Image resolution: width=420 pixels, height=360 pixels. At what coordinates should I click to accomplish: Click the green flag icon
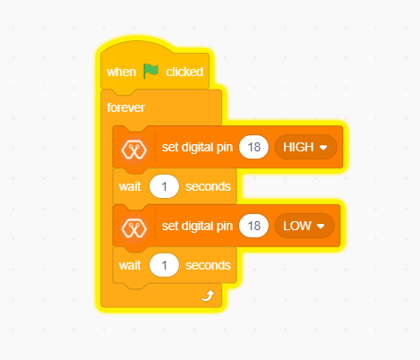pyautogui.click(x=150, y=71)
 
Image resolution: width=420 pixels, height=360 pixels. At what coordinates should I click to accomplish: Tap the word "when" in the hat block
pyautogui.click(x=122, y=72)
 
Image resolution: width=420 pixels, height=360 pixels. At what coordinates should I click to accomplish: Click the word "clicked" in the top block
pyautogui.click(x=184, y=72)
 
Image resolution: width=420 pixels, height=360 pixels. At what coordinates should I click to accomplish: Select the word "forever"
pyautogui.click(x=125, y=107)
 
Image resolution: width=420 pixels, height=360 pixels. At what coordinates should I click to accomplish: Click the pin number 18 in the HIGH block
pyautogui.click(x=253, y=147)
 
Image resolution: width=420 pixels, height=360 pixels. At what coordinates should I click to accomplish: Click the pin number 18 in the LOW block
pyautogui.click(x=253, y=226)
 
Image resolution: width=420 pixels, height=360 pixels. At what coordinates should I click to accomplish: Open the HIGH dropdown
pyautogui.click(x=305, y=147)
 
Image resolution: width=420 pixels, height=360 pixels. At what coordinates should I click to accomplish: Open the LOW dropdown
pyautogui.click(x=304, y=226)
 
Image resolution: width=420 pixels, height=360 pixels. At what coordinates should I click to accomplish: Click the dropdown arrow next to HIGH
pyautogui.click(x=323, y=148)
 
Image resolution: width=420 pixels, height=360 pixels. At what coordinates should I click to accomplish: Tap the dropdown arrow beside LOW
pyautogui.click(x=321, y=227)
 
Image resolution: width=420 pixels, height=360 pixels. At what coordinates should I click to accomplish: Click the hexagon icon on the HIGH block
pyautogui.click(x=134, y=150)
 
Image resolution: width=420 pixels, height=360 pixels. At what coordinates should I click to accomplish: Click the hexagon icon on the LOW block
pyautogui.click(x=134, y=228)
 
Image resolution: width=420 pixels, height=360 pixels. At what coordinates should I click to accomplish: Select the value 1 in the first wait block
pyautogui.click(x=164, y=186)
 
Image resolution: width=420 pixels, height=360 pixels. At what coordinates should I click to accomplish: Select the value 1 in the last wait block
pyautogui.click(x=164, y=265)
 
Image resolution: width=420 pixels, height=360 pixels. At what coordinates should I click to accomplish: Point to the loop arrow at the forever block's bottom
pyautogui.click(x=208, y=296)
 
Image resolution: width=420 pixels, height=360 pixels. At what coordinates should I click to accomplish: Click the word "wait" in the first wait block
pyautogui.click(x=130, y=186)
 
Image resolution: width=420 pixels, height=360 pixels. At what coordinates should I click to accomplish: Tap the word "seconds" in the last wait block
pyautogui.click(x=208, y=265)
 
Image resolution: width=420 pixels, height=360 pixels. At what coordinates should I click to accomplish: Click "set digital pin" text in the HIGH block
pyautogui.click(x=197, y=147)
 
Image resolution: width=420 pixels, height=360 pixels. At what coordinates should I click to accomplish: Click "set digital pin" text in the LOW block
pyautogui.click(x=197, y=226)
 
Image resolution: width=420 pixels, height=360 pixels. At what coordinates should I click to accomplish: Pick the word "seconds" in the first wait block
pyautogui.click(x=208, y=186)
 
